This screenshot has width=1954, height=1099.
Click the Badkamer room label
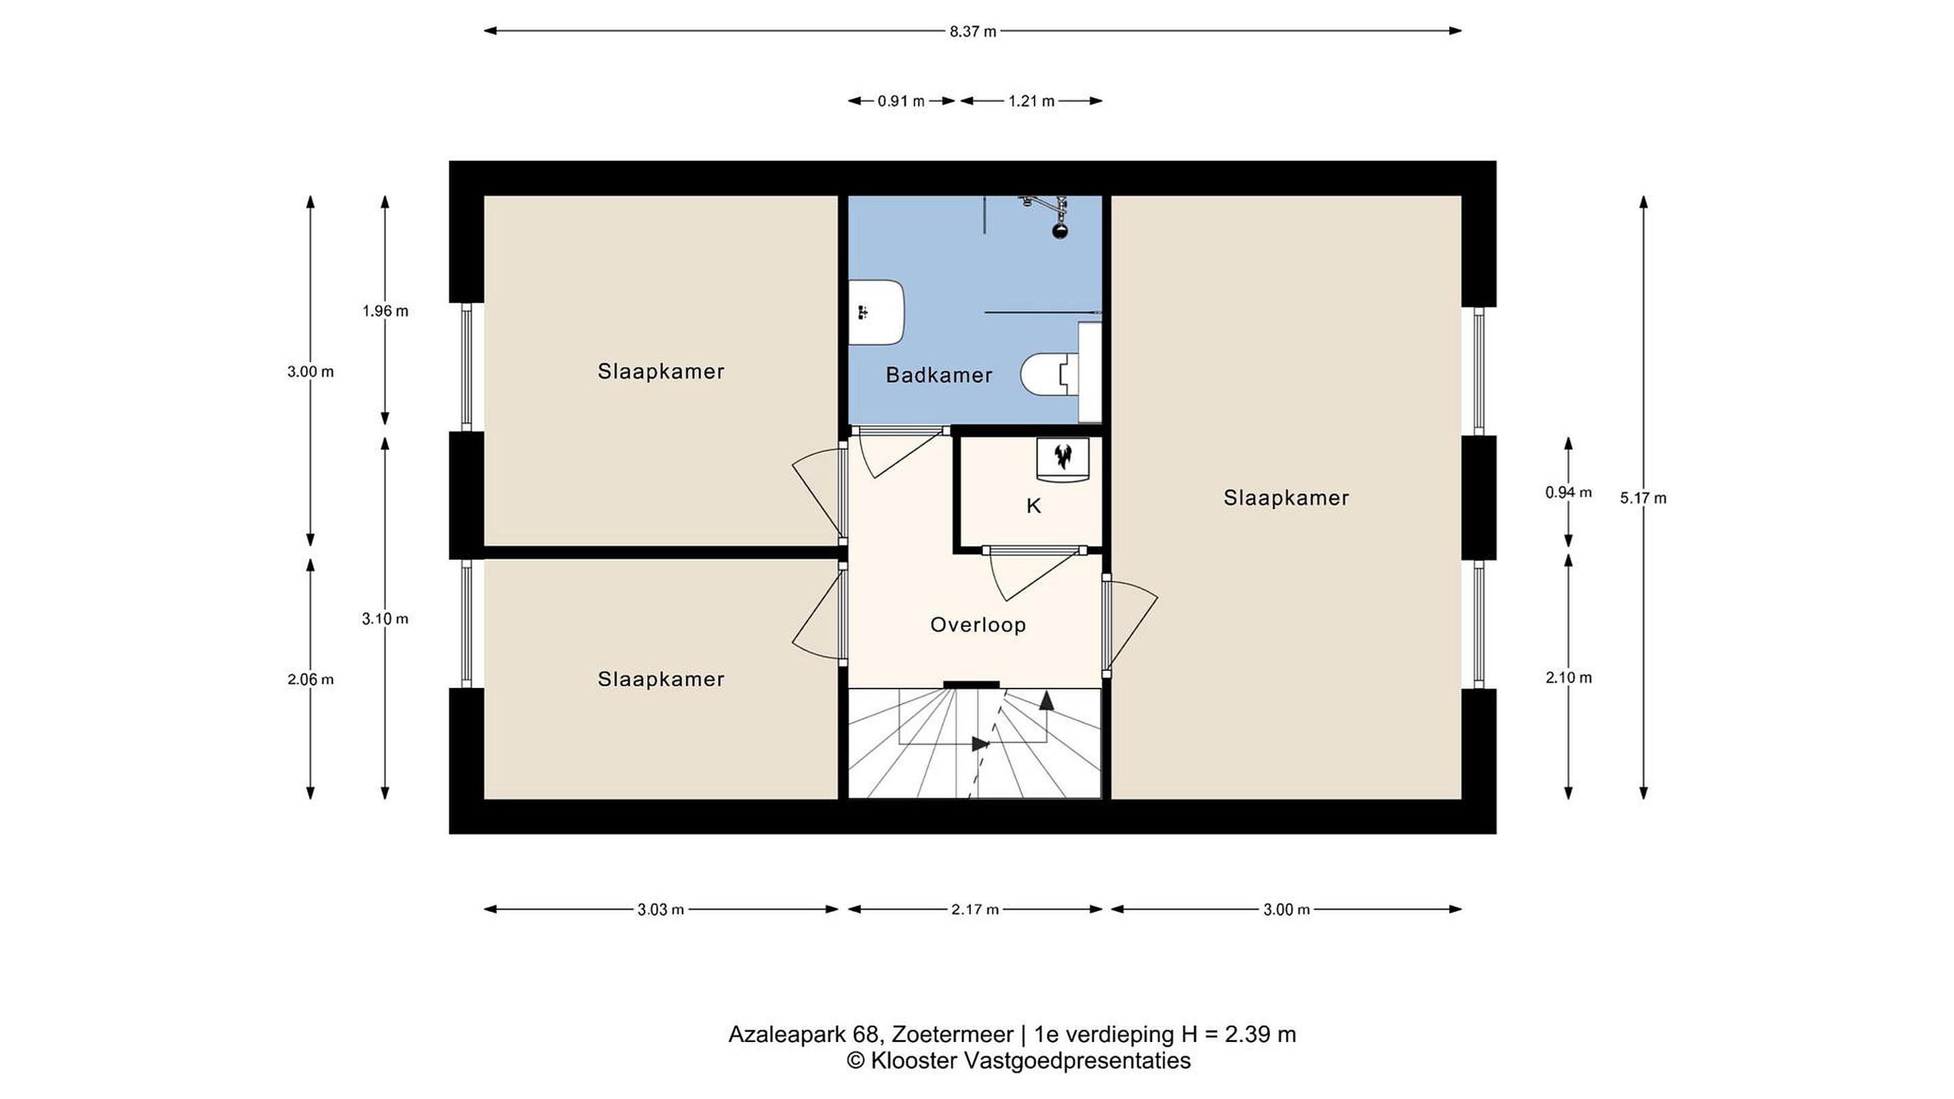(x=939, y=374)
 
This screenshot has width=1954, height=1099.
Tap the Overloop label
(x=978, y=624)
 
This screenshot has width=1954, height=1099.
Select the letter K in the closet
(x=1033, y=506)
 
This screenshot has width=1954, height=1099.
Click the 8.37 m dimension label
(x=973, y=32)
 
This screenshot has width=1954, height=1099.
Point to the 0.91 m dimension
(x=901, y=101)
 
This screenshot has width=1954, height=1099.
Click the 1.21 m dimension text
(x=1031, y=101)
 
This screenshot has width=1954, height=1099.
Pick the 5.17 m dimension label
(x=1644, y=499)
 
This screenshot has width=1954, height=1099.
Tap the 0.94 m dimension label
(x=1569, y=493)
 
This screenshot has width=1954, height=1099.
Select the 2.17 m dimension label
(x=975, y=909)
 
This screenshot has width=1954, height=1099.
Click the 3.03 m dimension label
(x=661, y=909)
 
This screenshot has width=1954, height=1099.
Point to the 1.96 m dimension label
(x=385, y=311)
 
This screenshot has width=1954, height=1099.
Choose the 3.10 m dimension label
(x=385, y=619)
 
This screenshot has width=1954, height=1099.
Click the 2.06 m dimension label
(x=310, y=680)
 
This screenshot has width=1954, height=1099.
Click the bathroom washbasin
(x=876, y=313)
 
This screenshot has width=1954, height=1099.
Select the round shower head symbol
(x=1060, y=230)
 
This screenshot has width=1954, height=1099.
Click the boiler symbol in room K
(x=1063, y=458)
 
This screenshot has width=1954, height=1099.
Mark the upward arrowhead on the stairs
(x=1047, y=700)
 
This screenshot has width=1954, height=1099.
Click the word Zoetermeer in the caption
(x=953, y=1035)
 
